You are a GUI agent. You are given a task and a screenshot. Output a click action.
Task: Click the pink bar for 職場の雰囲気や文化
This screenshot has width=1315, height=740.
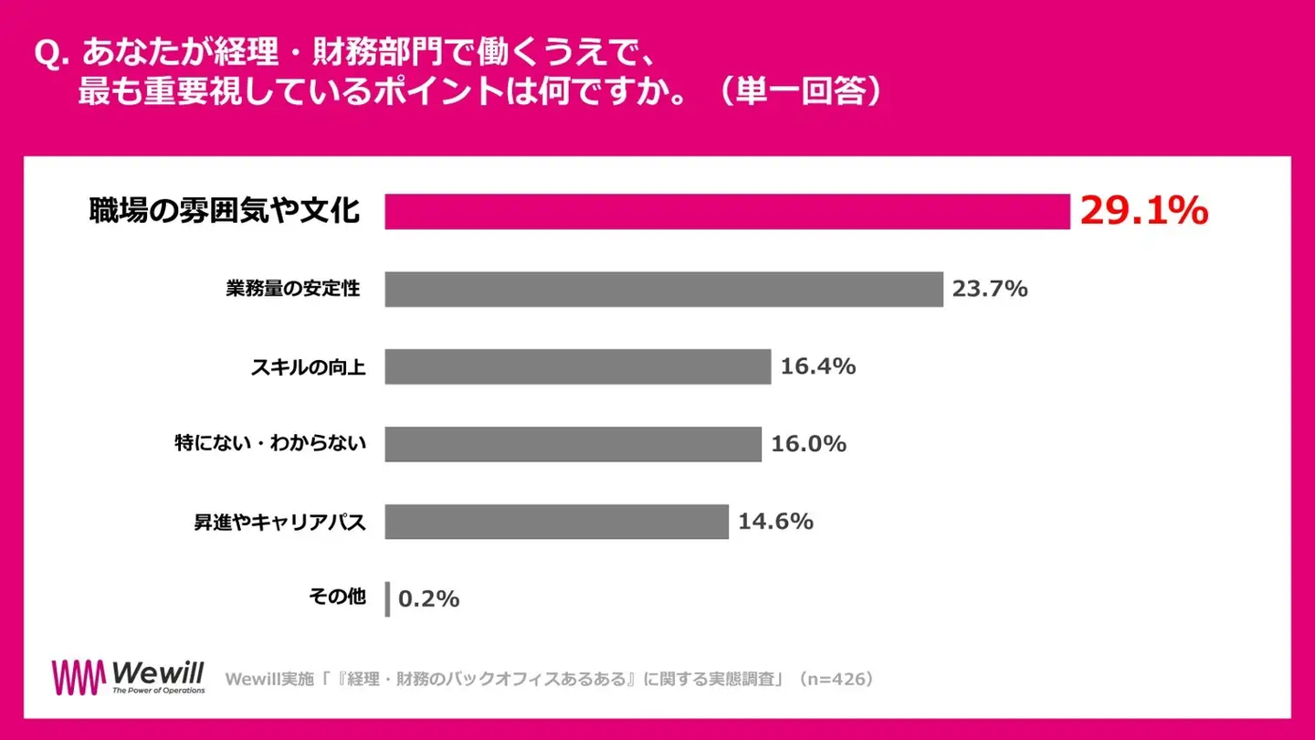point(727,212)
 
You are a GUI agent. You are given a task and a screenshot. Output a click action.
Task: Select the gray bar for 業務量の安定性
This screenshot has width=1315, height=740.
point(664,290)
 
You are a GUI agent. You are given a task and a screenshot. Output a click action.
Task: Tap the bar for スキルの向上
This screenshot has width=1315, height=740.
point(578,367)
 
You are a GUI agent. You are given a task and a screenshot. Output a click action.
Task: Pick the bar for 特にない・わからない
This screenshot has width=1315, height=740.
point(573,444)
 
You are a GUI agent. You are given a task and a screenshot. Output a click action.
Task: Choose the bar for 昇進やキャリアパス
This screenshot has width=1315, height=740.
point(556,522)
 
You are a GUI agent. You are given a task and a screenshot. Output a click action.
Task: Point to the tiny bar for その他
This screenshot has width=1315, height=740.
point(387,599)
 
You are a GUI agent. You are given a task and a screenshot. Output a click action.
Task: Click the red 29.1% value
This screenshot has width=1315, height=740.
point(1144,212)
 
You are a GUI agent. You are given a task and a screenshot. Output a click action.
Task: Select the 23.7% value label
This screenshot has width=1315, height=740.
point(990,290)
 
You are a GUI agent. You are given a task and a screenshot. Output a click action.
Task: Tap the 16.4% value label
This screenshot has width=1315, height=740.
point(818,367)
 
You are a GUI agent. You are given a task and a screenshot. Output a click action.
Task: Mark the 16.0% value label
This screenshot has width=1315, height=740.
point(809,445)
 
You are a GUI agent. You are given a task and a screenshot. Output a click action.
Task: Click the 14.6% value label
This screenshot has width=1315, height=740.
point(775,522)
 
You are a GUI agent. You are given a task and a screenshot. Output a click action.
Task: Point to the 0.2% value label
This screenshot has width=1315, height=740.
point(429,599)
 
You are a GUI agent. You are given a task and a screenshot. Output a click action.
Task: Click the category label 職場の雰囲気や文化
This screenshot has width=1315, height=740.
point(225,212)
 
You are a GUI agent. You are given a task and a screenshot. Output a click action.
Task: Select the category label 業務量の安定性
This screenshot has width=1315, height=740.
point(293,290)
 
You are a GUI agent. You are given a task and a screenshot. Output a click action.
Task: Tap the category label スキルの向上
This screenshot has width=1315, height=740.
point(309,367)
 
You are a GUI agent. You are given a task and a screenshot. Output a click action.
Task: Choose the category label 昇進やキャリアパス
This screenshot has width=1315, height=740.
point(279,523)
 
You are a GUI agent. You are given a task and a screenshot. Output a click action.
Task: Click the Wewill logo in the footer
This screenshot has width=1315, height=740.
point(129,678)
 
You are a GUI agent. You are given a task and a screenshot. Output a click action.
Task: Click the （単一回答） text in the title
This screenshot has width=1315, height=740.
point(799,93)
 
